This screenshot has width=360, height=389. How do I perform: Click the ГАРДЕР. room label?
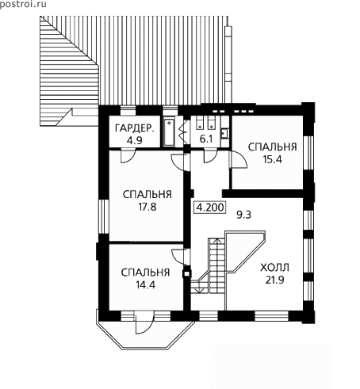(134, 128)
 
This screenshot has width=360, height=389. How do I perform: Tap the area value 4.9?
(134, 140)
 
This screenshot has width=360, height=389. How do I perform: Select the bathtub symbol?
(169, 132)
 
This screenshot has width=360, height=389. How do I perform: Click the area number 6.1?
(206, 139)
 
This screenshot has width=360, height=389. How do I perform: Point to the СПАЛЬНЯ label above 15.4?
(272, 147)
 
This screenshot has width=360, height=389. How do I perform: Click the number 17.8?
(147, 207)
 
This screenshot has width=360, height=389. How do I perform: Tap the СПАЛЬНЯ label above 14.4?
(145, 273)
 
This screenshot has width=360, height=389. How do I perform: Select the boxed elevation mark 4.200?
(210, 208)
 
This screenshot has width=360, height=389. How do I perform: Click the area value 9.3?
(243, 215)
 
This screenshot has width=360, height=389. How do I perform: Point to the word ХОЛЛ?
(274, 268)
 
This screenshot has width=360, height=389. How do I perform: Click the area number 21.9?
(275, 280)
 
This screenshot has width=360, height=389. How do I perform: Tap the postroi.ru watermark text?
(23, 5)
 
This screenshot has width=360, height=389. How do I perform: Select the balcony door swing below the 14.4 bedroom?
(143, 322)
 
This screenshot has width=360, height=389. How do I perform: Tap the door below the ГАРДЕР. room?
(128, 156)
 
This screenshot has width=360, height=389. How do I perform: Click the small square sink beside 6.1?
(224, 132)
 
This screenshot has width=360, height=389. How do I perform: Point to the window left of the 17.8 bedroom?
(103, 216)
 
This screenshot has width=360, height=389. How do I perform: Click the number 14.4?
(145, 284)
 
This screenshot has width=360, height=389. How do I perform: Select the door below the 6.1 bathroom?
(210, 156)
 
